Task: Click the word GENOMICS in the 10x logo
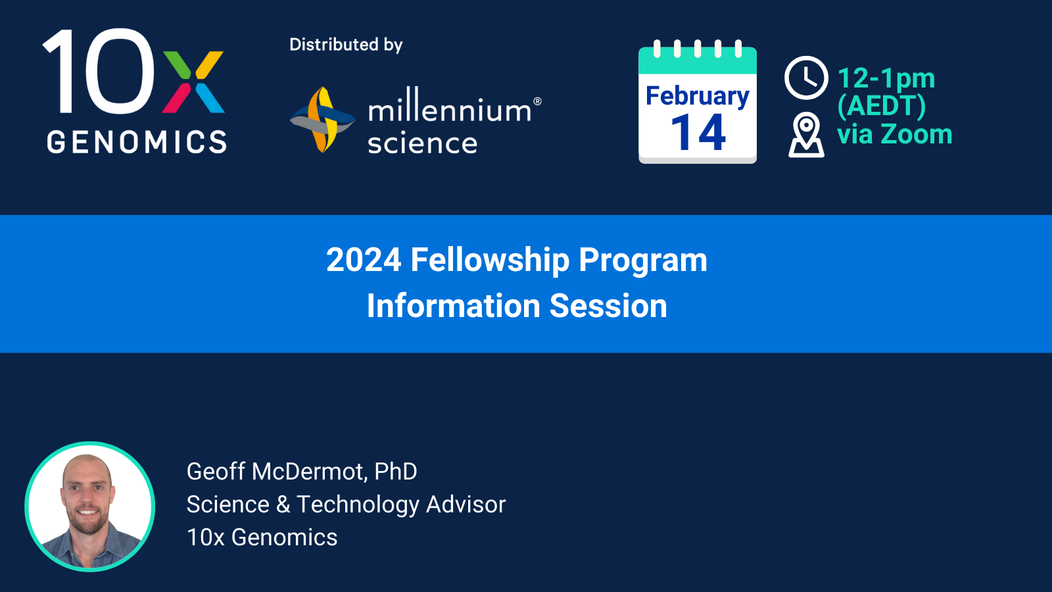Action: coord(137,142)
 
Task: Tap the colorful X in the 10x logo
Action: coord(193,82)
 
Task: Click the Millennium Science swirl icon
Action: coord(323,119)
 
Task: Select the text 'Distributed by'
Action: coord(346,45)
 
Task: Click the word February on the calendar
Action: coord(698,96)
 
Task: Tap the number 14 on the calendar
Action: coord(698,133)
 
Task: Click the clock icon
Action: coord(806,78)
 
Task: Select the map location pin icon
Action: coord(806,134)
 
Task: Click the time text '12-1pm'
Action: coord(886,78)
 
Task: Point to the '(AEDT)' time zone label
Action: coord(882,106)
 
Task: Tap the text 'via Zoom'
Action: coord(895,134)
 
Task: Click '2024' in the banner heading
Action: coord(364,260)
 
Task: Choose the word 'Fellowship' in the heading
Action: coord(490,260)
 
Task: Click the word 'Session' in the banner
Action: coord(608,306)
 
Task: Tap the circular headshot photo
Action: coord(89,506)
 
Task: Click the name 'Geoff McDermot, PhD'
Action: coord(302,471)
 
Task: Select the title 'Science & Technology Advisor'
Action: coord(346,505)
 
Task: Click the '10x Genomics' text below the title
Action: coord(262,537)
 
